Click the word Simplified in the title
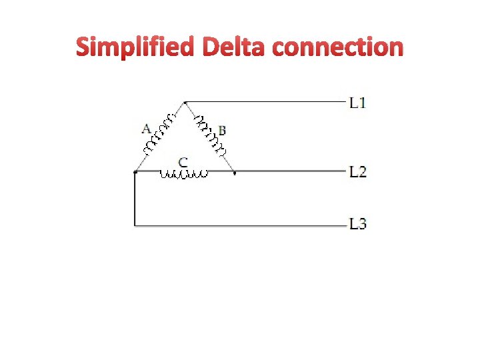click(135, 47)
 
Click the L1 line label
click(358, 103)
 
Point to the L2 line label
click(358, 172)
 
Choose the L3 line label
click(358, 224)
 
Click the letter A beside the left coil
click(146, 128)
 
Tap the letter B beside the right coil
click(222, 130)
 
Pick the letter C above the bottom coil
click(183, 161)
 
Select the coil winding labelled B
click(209, 133)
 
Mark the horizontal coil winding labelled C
click(184, 175)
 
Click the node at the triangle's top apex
click(185, 102)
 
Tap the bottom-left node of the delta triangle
click(135, 172)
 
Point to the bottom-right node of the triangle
click(235, 172)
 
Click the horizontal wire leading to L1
click(267, 102)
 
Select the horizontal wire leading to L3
click(240, 226)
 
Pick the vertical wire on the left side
click(135, 200)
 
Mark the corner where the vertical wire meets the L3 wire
click(135, 226)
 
